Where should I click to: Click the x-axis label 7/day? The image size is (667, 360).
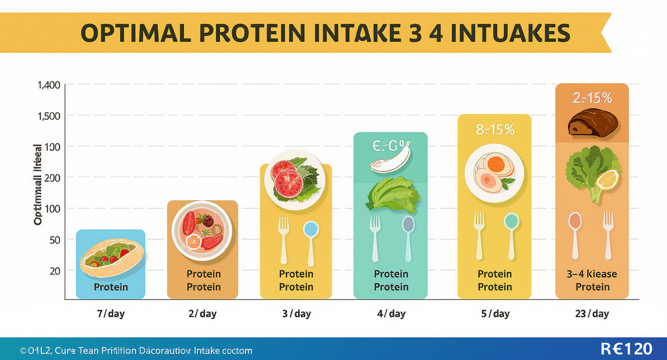tap(110, 314)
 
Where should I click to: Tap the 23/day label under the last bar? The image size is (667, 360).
tap(591, 314)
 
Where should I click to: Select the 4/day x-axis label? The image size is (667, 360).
tap(390, 314)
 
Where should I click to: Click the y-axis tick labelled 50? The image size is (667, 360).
tap(54, 240)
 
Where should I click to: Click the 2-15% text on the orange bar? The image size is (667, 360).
tap(592, 97)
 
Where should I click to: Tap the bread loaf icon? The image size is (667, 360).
tap(592, 123)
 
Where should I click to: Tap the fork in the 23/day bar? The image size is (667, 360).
tap(608, 235)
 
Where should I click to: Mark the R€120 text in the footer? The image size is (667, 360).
tap(626, 349)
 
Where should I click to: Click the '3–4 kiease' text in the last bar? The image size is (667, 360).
tap(591, 274)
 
